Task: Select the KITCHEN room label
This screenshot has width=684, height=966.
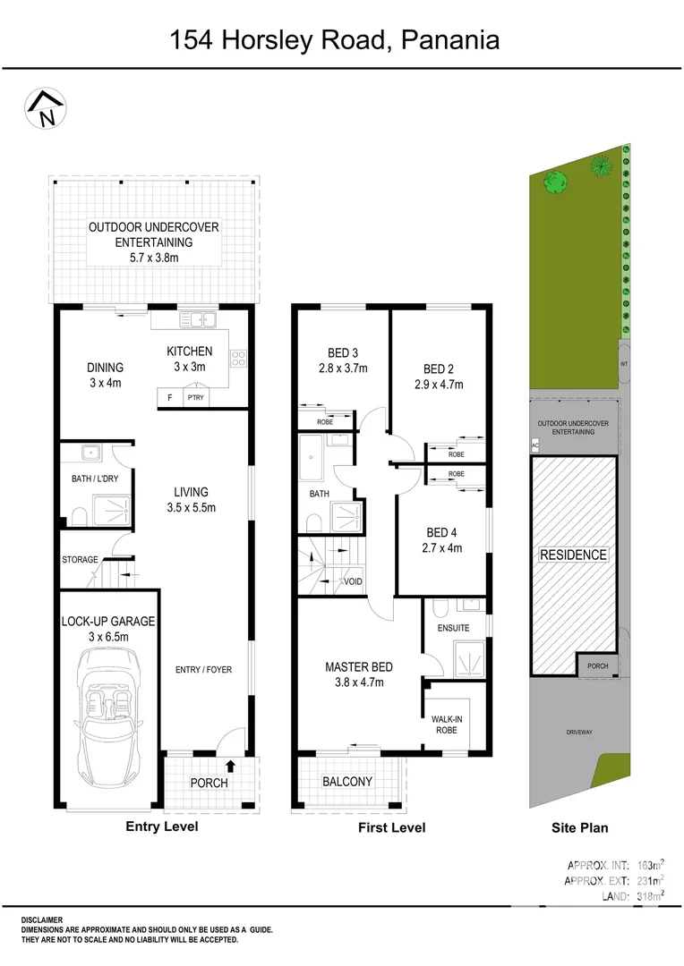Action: [x=190, y=352]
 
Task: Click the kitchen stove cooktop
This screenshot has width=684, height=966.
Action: [x=239, y=359]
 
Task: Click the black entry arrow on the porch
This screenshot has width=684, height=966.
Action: [x=231, y=765]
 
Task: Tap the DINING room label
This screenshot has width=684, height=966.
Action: [x=105, y=368]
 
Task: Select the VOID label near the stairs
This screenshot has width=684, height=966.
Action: [x=353, y=581]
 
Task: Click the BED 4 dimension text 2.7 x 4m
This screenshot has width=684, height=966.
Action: [x=443, y=548]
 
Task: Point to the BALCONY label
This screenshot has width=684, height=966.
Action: [x=347, y=781]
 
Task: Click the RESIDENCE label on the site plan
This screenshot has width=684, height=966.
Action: [x=573, y=555]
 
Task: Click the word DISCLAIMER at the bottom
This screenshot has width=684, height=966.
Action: [x=42, y=919]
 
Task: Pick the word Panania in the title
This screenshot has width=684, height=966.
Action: [x=449, y=40]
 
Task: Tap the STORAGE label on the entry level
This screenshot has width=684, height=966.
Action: [x=80, y=560]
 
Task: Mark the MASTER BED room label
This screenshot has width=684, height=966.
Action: [x=358, y=666]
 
